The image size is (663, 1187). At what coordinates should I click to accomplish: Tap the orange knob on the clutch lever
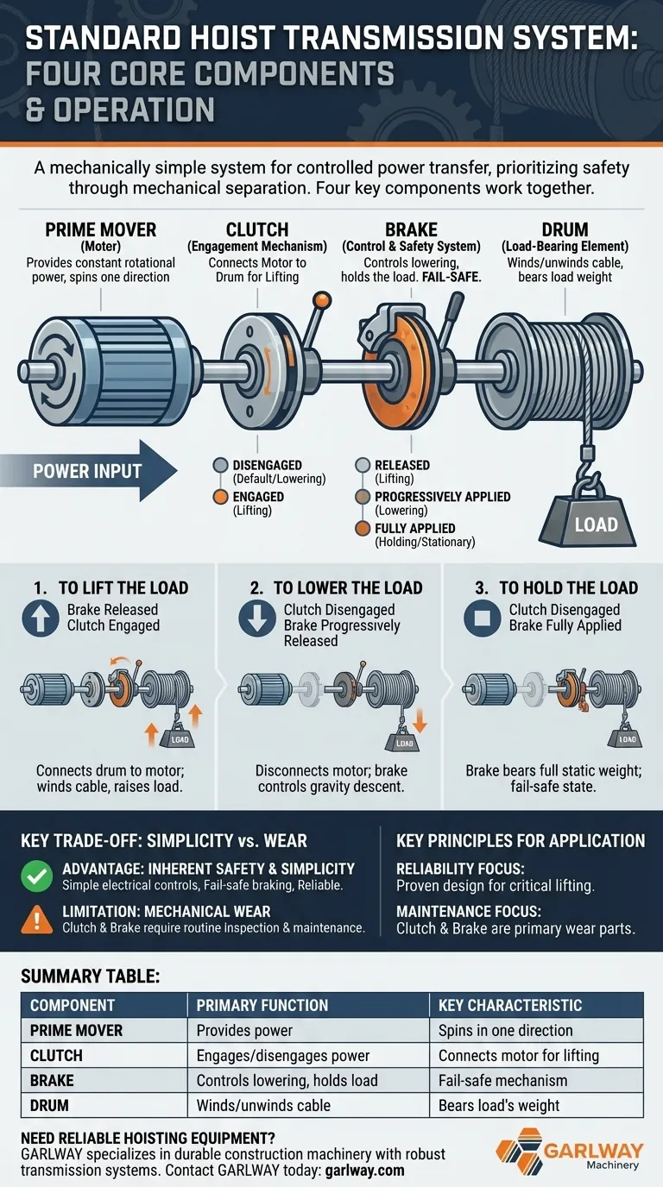pos(322,300)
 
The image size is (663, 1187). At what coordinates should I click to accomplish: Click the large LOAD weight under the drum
pos(588,521)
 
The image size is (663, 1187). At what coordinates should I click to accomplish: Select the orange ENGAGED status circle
pos(221,497)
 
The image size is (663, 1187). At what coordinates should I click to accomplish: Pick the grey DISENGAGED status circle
pos(221,465)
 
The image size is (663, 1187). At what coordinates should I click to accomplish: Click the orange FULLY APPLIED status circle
pos(363,529)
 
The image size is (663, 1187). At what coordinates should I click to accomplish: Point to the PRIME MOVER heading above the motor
pos(101,230)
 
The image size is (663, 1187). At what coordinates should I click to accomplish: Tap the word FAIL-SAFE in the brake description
pos(451,277)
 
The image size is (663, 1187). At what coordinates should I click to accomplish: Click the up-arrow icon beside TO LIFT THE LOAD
pos(41,618)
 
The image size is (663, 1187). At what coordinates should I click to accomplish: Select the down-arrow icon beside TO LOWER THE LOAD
pos(257,618)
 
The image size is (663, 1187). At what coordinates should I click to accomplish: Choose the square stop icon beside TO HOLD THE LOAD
pos(482,618)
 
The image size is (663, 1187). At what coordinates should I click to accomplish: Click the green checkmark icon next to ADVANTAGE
pos(36,876)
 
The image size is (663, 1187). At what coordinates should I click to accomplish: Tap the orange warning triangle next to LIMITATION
pos(36,920)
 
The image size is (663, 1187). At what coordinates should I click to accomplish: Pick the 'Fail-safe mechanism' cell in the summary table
pos(502,1081)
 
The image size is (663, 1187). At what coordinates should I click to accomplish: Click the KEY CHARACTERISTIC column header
pos(510,1005)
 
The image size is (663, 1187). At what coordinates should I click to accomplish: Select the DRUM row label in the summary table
pos(49,1105)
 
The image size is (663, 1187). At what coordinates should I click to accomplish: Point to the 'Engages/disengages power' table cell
pos(283,1056)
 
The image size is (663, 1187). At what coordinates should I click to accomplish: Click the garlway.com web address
pos(365,1170)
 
